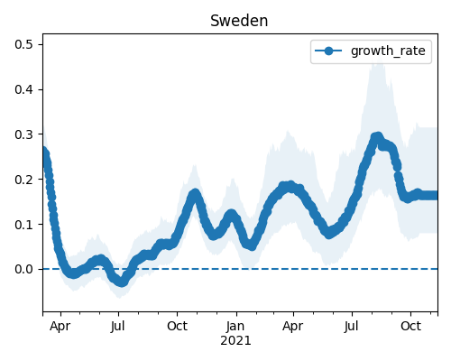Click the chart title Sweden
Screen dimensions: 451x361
(239, 21)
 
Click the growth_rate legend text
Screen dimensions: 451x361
(388, 51)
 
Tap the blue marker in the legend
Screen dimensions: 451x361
(328, 51)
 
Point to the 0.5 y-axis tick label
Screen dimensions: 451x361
(23, 44)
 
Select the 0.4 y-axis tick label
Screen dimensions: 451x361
(23, 89)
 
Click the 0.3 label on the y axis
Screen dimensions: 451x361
(23, 134)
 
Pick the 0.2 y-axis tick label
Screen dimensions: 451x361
(23, 180)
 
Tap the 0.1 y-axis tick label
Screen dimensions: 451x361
(23, 225)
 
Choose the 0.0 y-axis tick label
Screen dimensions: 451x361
(23, 269)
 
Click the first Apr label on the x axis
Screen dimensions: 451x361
(60, 327)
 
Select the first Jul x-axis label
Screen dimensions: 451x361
(117, 326)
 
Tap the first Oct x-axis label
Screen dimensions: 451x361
(178, 326)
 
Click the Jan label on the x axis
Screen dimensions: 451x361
(235, 326)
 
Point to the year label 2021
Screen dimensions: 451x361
(235, 341)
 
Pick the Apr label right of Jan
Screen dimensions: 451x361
(293, 327)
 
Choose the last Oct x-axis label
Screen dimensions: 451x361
(410, 326)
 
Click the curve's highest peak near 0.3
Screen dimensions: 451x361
(377, 137)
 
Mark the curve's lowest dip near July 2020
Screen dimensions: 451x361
(122, 282)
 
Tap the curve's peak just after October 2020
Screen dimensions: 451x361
(195, 193)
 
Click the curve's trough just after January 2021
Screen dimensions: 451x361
(252, 246)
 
